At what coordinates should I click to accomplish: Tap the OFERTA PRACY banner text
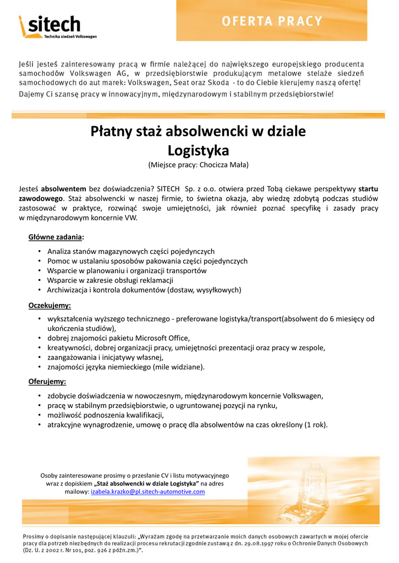coord(272,21)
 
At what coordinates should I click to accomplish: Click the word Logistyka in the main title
coord(198,150)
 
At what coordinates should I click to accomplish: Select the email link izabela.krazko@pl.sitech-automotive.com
coord(147,492)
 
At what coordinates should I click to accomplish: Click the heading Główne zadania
coord(56,237)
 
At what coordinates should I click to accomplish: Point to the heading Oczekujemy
coord(50,305)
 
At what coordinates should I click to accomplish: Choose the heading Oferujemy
coord(47,381)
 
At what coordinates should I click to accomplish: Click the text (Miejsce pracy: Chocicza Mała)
coord(198,165)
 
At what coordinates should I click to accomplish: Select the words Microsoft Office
coord(162,338)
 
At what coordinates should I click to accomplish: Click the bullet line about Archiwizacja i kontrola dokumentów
coord(144,290)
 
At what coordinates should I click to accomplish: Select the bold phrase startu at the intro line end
coord(368,189)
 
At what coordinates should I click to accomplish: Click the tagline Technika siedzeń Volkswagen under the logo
coord(70,36)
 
